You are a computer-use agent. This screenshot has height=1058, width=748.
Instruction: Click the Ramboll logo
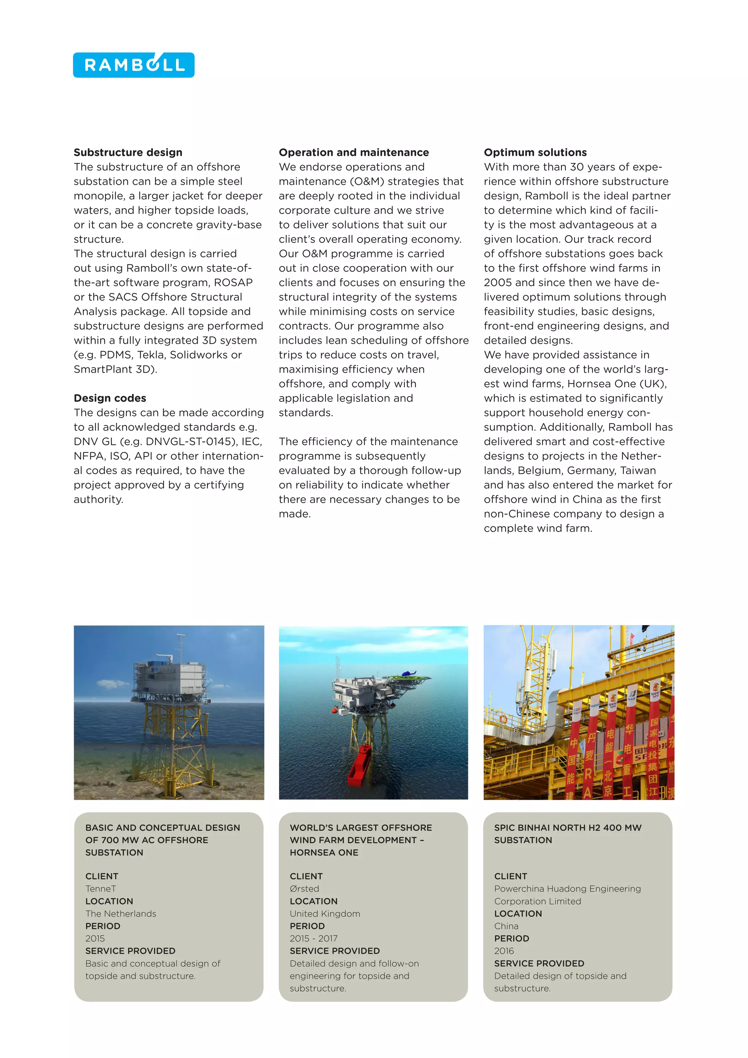134,65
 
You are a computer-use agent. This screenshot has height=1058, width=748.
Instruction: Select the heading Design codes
110,398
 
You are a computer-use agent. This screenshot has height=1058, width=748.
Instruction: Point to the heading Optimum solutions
535,152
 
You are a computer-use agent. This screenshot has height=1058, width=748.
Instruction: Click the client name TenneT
100,889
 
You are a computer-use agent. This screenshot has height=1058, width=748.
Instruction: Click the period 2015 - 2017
313,939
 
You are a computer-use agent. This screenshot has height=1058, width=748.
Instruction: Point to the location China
506,926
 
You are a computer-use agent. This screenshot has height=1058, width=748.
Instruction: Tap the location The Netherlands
121,914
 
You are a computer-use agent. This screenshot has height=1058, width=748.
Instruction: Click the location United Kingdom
325,914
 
